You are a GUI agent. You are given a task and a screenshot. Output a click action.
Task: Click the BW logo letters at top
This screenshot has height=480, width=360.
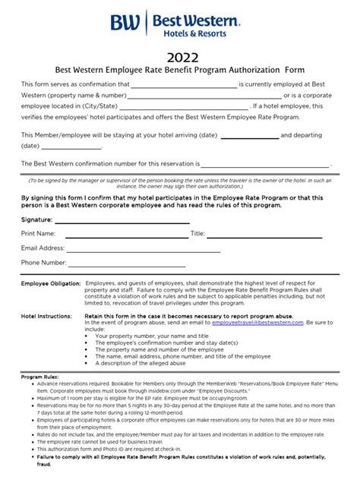click(x=125, y=23)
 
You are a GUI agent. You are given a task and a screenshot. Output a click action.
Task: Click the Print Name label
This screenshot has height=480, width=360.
click(x=38, y=234)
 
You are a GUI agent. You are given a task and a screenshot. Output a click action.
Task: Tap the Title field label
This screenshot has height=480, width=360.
click(x=197, y=234)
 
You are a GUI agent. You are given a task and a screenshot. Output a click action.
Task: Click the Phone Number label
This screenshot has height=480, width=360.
click(x=43, y=262)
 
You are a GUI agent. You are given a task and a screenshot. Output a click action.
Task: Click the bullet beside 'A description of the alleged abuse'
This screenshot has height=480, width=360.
click(x=90, y=362)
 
